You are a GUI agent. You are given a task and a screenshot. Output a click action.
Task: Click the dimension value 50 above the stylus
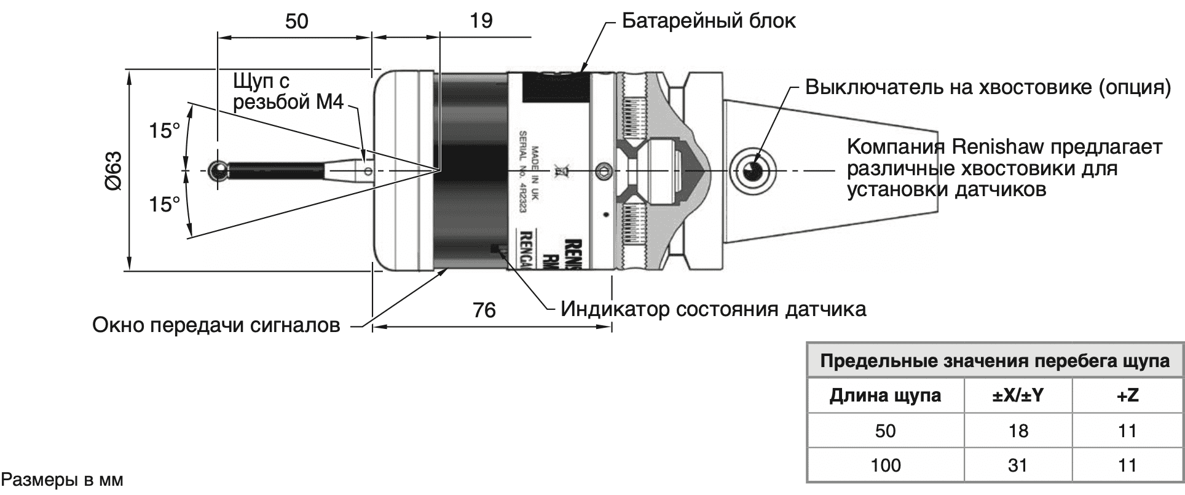pos(296,22)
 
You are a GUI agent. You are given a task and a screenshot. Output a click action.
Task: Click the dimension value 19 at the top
pos(481,22)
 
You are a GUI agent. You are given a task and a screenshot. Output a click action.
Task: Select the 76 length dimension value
pos(484,310)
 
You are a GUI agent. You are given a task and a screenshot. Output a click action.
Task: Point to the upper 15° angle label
pos(165,131)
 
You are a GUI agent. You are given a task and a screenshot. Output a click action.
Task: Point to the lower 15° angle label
pos(165,205)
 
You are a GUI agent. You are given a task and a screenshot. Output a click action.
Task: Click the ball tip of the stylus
pos(218,170)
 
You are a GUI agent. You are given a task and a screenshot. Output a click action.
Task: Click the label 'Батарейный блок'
pos(709,22)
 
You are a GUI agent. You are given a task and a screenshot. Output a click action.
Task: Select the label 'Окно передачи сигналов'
pos(216,324)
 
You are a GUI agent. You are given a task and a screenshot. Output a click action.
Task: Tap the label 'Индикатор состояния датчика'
pos(713,308)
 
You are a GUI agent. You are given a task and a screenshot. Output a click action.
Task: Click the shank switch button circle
pos(753,170)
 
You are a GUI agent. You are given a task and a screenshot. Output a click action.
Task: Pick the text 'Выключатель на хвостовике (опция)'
pos(988,87)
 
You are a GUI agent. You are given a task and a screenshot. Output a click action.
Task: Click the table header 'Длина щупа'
pos(885,395)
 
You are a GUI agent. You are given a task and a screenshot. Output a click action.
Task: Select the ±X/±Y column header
pos(1018,395)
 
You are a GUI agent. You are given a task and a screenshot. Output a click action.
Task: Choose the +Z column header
pos(1127,395)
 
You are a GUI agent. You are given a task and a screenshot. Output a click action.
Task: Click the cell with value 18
pos(1018,430)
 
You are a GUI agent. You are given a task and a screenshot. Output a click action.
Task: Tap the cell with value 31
pos(1018,465)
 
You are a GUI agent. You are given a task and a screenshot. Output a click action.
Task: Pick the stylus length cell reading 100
pos(885,465)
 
